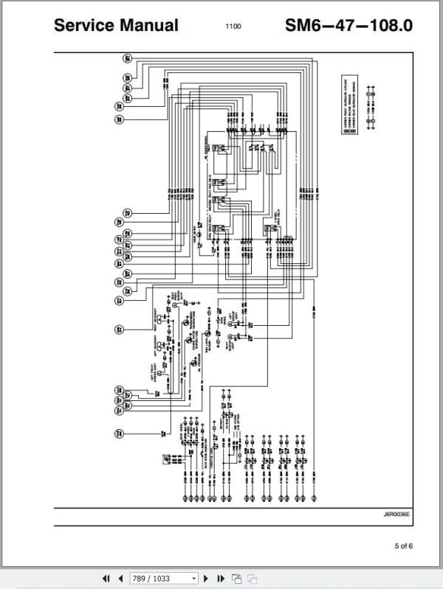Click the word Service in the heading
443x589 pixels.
[83, 25]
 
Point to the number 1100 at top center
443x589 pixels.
[233, 27]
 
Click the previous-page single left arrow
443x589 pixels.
[120, 579]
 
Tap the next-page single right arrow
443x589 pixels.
[206, 579]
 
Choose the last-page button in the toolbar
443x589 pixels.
[220, 579]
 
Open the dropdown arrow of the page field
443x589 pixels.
[193, 579]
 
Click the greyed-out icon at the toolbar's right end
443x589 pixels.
[251, 579]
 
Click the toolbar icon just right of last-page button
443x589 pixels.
[236, 579]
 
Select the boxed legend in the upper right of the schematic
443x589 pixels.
[349, 104]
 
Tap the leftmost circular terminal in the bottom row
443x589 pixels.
[185, 498]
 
